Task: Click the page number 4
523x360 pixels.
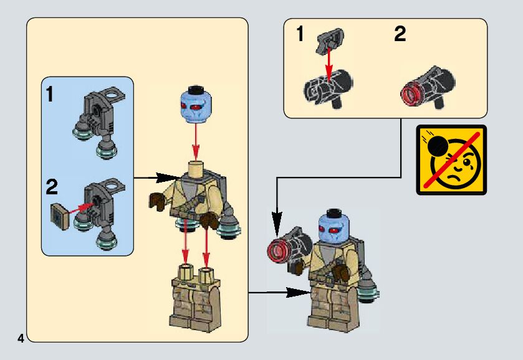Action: tap(21, 339)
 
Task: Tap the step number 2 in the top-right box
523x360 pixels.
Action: tap(400, 35)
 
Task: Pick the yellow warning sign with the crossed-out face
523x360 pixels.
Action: tap(451, 159)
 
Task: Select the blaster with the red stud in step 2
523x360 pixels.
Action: tap(426, 89)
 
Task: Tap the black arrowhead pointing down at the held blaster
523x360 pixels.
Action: tap(277, 219)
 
